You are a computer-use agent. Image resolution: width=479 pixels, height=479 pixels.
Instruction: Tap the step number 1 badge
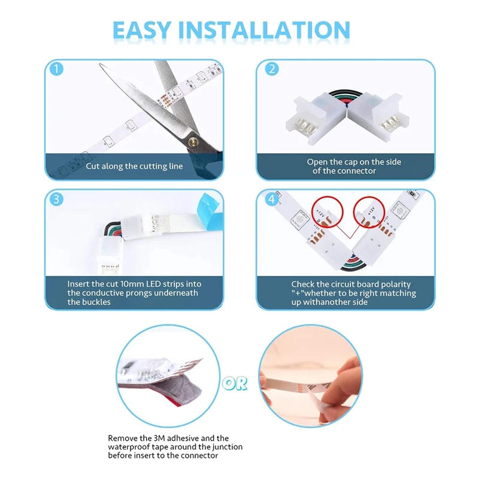pos(56,69)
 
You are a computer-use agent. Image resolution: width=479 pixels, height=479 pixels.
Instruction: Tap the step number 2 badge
pos(271,69)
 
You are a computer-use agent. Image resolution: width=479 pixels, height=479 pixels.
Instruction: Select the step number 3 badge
pos(56,199)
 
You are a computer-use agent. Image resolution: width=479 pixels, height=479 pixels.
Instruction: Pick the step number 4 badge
pos(271,199)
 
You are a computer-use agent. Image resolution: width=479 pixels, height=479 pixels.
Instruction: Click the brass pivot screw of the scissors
pos(193,141)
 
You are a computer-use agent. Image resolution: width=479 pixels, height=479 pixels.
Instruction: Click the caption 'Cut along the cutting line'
pos(134,166)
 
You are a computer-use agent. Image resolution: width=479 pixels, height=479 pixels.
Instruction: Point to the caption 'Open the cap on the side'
pos(354,162)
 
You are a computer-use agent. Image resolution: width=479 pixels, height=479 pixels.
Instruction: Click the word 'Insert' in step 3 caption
pos(80,284)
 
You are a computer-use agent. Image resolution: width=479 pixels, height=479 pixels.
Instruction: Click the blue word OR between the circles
pos(238,383)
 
